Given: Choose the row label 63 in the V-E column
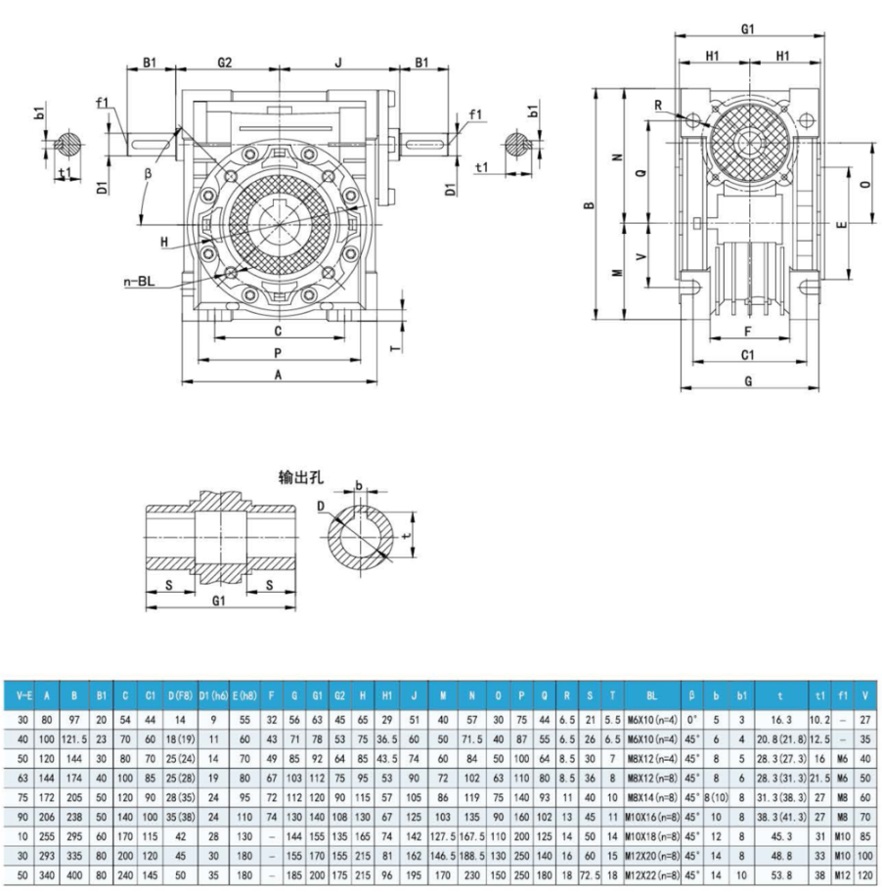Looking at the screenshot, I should coord(22,778).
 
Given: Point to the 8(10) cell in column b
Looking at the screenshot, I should coord(718,797).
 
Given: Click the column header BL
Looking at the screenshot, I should coord(653,696).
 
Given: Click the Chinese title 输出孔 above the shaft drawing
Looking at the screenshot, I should coord(301,478).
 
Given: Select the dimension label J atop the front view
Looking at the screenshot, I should coord(337,62).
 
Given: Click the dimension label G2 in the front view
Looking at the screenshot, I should coord(224,62).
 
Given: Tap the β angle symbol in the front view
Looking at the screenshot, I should coord(148,172).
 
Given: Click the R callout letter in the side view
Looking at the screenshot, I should coord(659,104).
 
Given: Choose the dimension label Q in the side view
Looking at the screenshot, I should coord(640,172).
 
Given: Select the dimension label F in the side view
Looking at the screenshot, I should coord(748,333).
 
